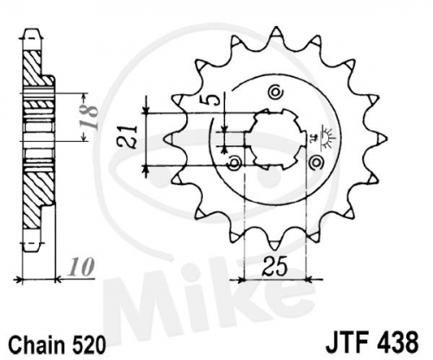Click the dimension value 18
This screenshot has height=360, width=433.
click(88, 118)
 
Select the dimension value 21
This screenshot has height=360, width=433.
click(127, 138)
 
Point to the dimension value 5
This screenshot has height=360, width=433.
click(213, 100)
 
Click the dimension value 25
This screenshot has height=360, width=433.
click(275, 266)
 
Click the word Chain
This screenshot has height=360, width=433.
click(37, 344)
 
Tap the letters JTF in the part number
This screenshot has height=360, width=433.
click(348, 343)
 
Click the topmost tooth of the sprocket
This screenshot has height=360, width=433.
click(276, 32)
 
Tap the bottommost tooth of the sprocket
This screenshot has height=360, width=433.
click(275, 245)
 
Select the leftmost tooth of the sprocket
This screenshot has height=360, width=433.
click(170, 139)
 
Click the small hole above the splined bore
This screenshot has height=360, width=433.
click(275, 92)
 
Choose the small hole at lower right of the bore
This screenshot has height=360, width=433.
click(316, 162)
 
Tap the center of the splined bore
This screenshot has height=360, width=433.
click(275, 139)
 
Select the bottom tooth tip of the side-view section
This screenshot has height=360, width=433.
click(31, 246)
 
